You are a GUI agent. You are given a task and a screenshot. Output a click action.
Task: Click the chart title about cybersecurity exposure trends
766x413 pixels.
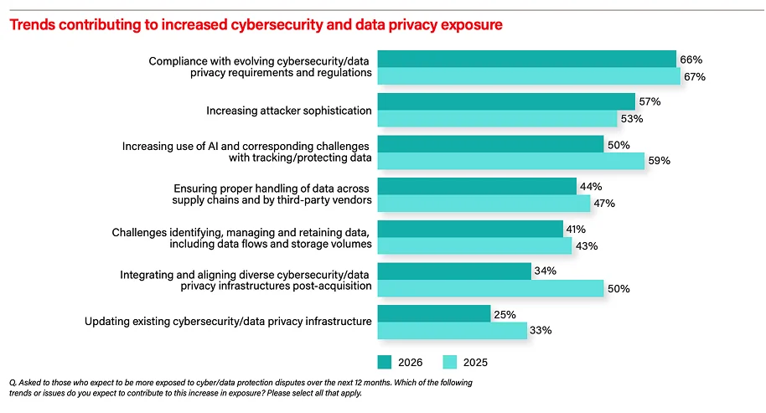pyautogui.click(x=255, y=25)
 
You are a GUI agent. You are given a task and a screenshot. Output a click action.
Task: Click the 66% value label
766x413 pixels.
pyautogui.click(x=691, y=59)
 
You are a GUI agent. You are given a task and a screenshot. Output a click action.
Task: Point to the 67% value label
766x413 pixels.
pyautogui.click(x=695, y=77)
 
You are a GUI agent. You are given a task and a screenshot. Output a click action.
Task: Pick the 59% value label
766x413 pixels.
pyautogui.click(x=660, y=162)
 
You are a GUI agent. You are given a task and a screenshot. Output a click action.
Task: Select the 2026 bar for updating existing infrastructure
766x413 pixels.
pyautogui.click(x=434, y=313)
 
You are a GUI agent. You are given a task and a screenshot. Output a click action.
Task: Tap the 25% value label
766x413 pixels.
pyautogui.click(x=505, y=314)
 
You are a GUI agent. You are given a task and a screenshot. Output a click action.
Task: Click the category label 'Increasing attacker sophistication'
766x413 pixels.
pyautogui.click(x=288, y=111)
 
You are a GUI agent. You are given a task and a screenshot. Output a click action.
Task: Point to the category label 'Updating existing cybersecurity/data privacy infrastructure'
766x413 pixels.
pyautogui.click(x=228, y=322)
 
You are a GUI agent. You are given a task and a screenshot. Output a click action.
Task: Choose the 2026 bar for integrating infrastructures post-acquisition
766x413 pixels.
pyautogui.click(x=454, y=271)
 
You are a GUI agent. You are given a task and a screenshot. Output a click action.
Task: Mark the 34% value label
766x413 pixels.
pyautogui.click(x=546, y=271)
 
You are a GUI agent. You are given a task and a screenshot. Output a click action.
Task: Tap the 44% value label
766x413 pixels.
pyautogui.click(x=591, y=187)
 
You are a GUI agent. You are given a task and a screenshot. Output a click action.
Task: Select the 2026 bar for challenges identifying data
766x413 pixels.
pyautogui.click(x=470, y=229)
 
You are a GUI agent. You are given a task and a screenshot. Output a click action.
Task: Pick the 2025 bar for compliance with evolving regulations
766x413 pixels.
pyautogui.click(x=529, y=76)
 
